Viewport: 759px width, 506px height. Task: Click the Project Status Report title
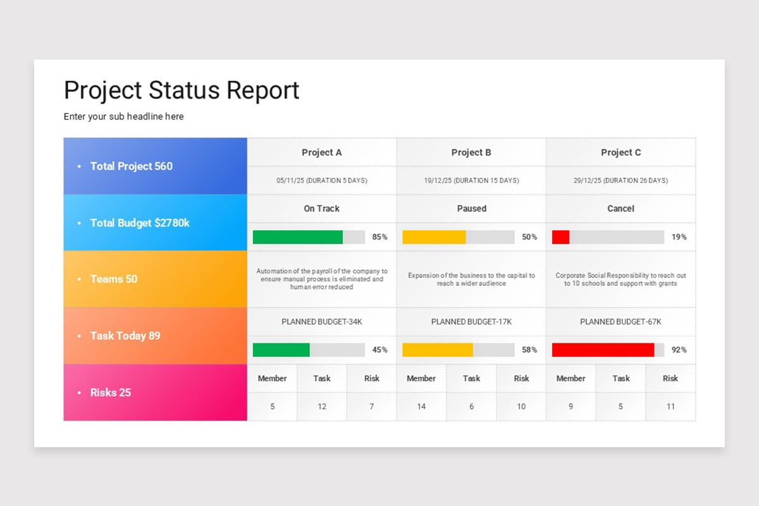[182, 90]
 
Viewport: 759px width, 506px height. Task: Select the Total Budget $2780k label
[140, 223]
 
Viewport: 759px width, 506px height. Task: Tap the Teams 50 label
[113, 279]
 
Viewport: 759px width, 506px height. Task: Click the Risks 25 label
[110, 392]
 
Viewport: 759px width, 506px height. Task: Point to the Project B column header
[471, 152]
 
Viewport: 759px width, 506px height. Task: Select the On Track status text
[321, 208]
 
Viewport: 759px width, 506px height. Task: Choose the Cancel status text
[620, 208]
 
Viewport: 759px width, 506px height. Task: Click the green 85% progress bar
[298, 237]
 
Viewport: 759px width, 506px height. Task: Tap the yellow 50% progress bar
[434, 237]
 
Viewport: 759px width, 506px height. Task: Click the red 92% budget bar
[603, 350]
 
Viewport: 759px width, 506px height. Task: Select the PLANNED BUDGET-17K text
[471, 322]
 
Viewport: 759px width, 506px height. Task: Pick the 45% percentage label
[380, 350]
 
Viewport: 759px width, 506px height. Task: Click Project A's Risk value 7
[371, 407]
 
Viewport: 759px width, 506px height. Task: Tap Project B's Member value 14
[421, 407]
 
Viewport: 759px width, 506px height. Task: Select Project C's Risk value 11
[670, 407]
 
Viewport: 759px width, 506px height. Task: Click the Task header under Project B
[471, 378]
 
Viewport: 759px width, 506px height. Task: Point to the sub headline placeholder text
[124, 116]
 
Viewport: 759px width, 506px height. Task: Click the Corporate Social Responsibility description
[620, 280]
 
